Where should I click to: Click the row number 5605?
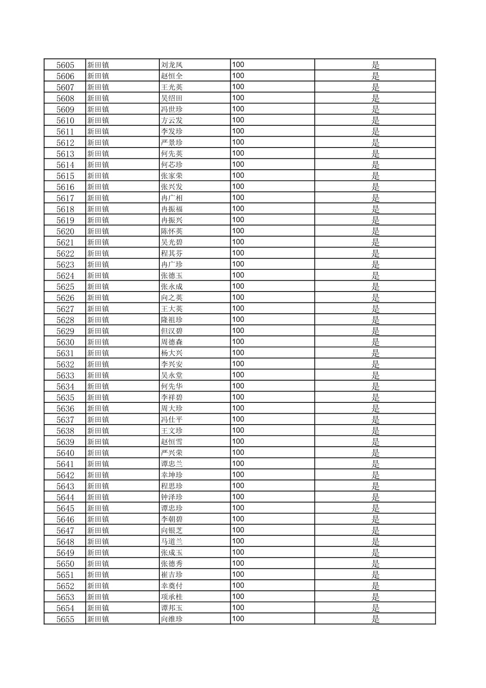tap(65, 65)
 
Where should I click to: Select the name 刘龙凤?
tap(172, 65)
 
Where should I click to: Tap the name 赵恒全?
tap(172, 76)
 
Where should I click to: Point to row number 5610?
tap(65, 120)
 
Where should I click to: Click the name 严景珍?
tap(172, 143)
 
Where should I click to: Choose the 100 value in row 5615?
tap(238, 176)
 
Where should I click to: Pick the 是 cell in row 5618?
tap(375, 209)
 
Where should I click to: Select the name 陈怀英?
tap(172, 231)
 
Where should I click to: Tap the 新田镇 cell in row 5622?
tap(98, 253)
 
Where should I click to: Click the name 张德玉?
tap(172, 276)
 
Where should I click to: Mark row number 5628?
tap(65, 320)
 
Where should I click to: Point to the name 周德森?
tap(172, 342)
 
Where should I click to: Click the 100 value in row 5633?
tap(238, 375)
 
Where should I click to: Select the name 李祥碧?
tap(172, 397)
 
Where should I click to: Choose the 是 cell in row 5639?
tap(375, 442)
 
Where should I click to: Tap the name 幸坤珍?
tap(172, 475)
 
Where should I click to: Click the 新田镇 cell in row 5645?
tap(98, 508)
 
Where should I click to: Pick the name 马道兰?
tap(172, 541)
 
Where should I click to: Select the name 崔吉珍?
tap(172, 575)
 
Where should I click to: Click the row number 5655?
tap(65, 619)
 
